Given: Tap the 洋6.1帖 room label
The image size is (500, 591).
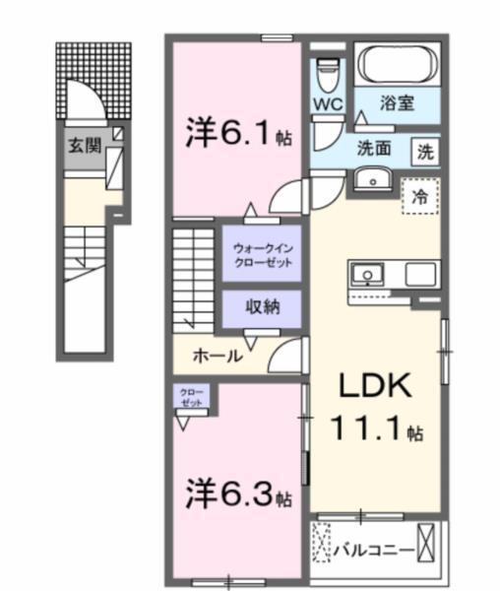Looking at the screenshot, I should point(235,135).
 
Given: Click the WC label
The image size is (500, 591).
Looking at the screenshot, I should point(328,103).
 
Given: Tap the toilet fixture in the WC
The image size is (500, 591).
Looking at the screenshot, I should point(328,70).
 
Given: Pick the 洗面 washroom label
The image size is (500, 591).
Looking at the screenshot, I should point(375,151).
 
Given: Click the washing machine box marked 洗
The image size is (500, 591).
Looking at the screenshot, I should point(424,153).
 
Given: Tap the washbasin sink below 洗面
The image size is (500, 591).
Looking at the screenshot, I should point(371,179).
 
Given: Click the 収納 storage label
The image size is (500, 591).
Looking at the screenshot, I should point(262,307).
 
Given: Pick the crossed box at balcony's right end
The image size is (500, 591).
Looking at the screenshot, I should point(426,543).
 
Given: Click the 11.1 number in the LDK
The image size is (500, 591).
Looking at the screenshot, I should point(369,430).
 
